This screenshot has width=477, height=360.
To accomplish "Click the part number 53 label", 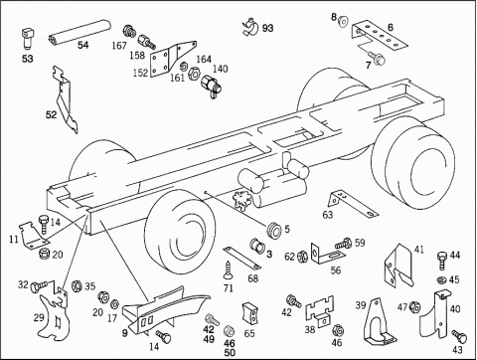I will (x=26, y=59).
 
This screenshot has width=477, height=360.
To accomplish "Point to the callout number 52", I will (x=51, y=115).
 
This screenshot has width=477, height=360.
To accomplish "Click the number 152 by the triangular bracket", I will (x=140, y=72).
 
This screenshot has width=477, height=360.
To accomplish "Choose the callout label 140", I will (x=220, y=69).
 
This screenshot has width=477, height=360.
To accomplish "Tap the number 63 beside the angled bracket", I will (x=327, y=213).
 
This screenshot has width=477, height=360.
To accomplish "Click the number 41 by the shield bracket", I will (x=419, y=248).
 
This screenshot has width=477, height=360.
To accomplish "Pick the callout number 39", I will (x=362, y=304).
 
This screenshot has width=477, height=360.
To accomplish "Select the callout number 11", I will (x=13, y=239).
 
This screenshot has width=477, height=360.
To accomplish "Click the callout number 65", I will (x=248, y=334).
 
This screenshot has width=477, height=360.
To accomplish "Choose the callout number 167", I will (x=119, y=45).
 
